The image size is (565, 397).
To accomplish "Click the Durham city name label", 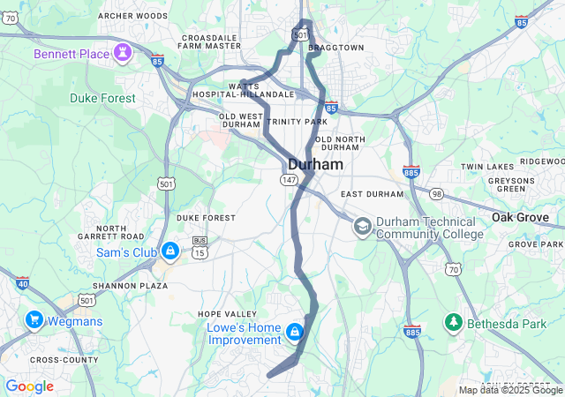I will pos(316,163).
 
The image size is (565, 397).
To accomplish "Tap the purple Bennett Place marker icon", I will pos(123,53).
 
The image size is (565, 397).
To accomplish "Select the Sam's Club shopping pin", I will pos(169,252).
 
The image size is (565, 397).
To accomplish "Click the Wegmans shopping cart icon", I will pos(35,319).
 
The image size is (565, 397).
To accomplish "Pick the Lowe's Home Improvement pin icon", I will pos(294,333).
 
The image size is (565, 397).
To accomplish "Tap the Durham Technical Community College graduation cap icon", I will pos(362,227).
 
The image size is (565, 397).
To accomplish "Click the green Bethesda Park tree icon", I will pos(454,323).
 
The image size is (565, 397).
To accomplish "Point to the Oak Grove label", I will pos(527,217).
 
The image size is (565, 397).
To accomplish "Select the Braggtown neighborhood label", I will pos(336,48).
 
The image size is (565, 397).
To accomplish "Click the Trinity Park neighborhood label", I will pos(298,121).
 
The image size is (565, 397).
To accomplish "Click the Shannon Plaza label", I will pos(130,286).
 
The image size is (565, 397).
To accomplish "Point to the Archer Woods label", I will pos(132,16).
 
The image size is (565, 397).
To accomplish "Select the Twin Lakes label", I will pos(486,167).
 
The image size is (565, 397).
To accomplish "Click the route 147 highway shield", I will pos(289,179).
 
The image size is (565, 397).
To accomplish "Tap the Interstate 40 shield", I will pos(22,281).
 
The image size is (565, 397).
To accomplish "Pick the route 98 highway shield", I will pos(436,193).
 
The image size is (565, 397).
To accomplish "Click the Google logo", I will pos(29,386).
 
